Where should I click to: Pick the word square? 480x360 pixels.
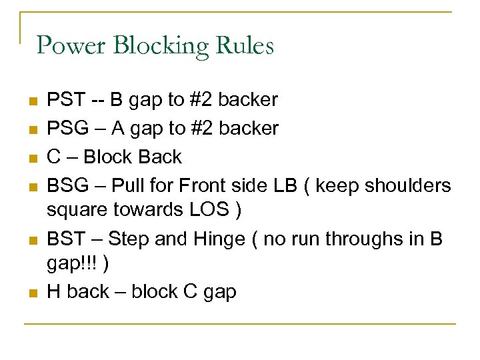coord(78,209)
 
